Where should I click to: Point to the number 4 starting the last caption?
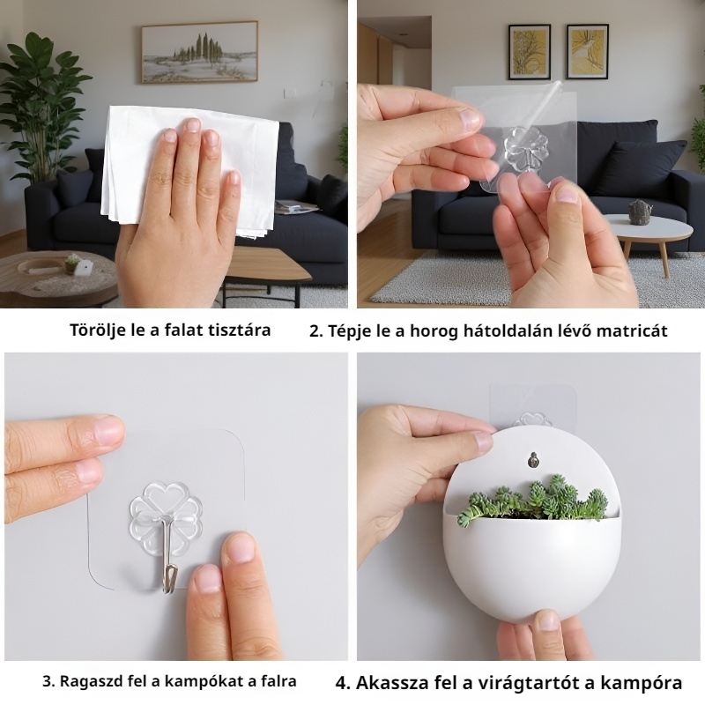(342, 683)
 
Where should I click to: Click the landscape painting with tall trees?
(200, 52)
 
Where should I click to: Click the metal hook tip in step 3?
(169, 586)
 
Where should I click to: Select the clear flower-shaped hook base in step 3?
(166, 514)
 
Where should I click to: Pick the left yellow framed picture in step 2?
(530, 52)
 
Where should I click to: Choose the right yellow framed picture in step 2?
(587, 52)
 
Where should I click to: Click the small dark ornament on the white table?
(640, 212)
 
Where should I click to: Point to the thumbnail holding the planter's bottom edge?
(547, 622)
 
